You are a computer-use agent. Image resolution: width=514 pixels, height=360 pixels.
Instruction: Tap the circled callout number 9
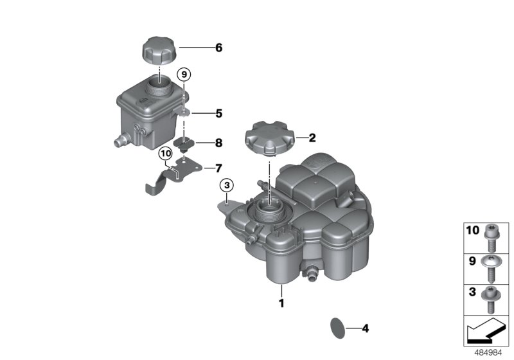tap(184, 75)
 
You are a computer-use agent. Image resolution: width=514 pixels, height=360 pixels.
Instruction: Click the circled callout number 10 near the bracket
tap(166, 154)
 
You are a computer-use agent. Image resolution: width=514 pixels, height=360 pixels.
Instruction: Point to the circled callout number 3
tap(226, 186)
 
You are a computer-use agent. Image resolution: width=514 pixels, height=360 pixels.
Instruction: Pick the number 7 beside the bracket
tap(218, 168)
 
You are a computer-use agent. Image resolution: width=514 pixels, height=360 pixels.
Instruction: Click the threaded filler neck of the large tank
tap(267, 211)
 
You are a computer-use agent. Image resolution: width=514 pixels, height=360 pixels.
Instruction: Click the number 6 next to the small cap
tap(218, 48)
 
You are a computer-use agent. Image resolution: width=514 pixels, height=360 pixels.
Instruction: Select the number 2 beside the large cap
tap(313, 137)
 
